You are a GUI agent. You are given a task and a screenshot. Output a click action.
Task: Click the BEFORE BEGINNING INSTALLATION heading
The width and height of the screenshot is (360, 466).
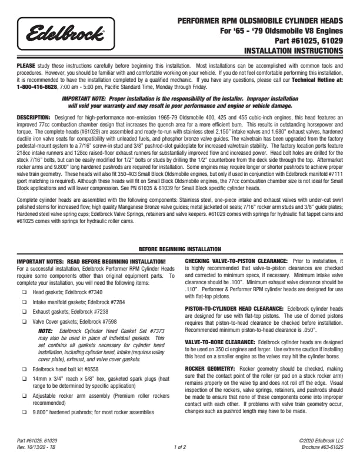click(x=179, y=249)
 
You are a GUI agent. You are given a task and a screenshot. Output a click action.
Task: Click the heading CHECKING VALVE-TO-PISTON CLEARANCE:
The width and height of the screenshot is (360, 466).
click(x=236, y=260)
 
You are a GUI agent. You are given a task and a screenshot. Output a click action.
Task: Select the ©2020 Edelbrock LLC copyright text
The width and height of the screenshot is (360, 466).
click(x=321, y=440)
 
